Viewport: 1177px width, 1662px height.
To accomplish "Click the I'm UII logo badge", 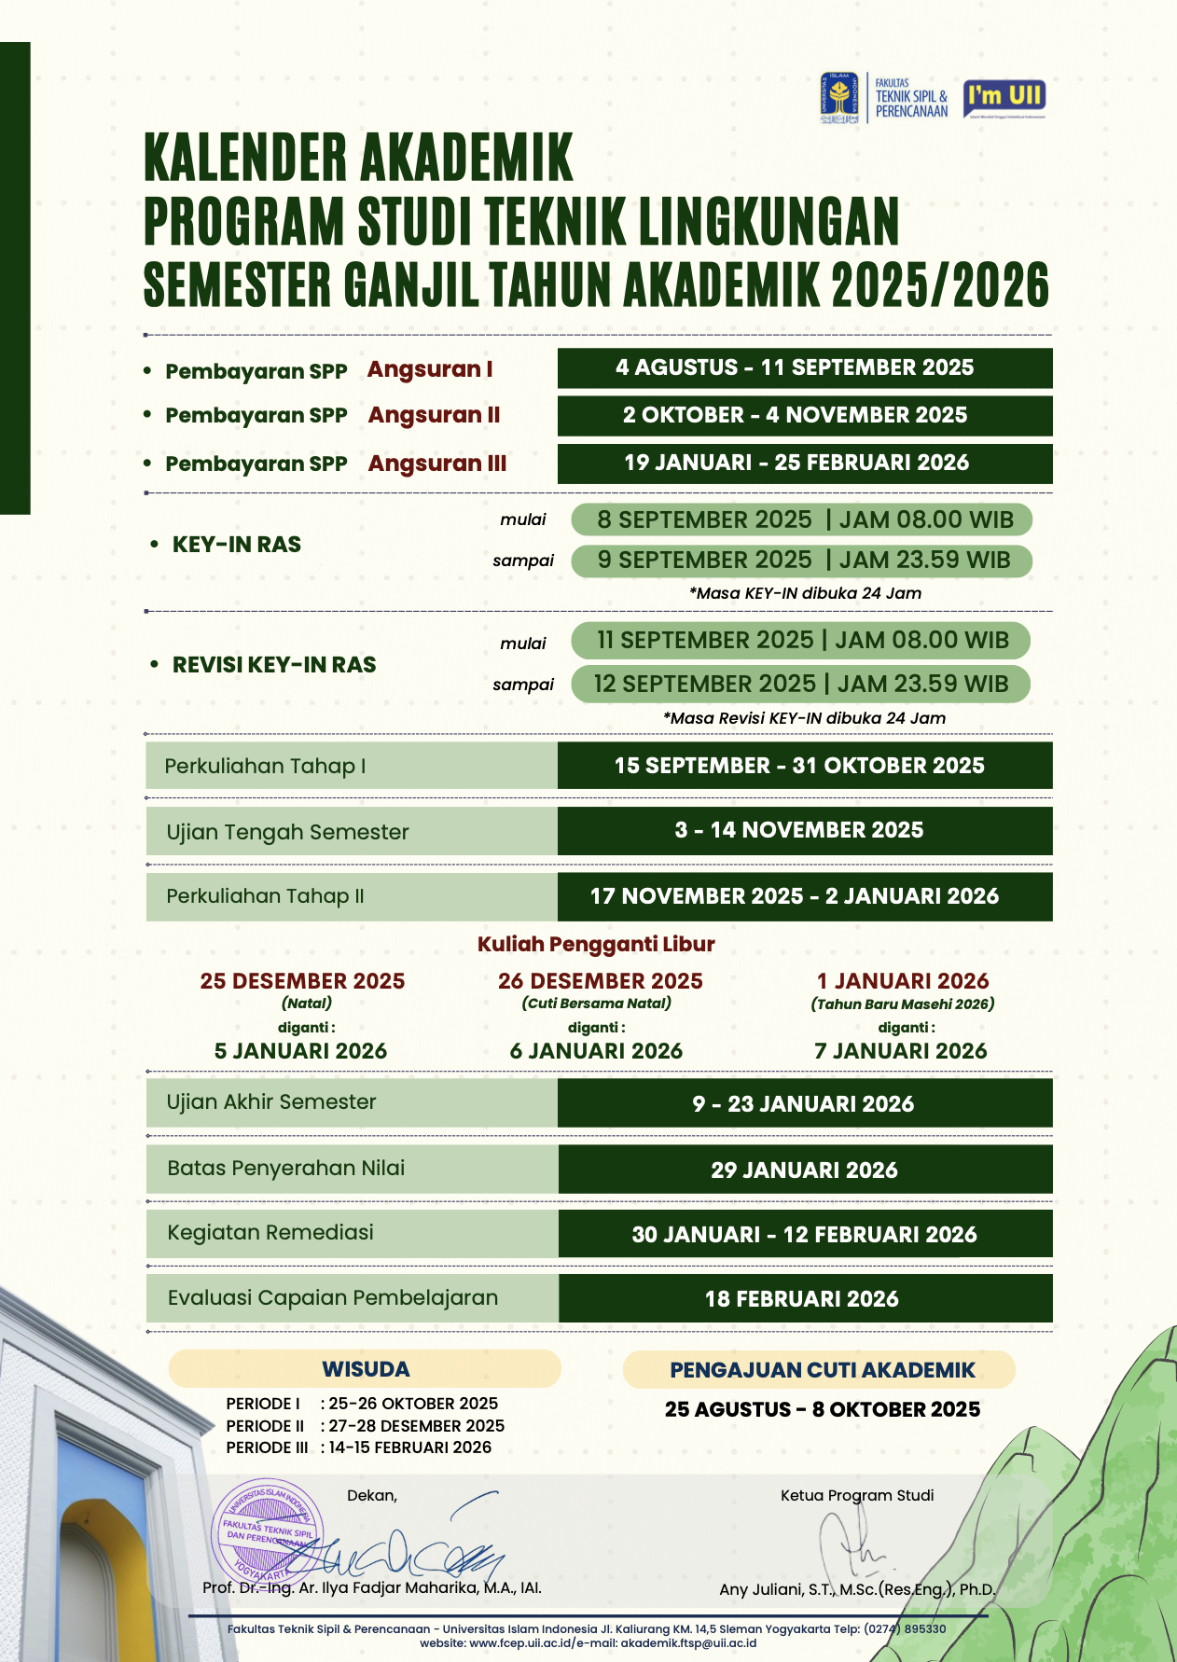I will click(1004, 96).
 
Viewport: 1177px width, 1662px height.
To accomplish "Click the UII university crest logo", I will click(839, 98).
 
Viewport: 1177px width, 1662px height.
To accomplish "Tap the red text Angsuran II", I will click(434, 415).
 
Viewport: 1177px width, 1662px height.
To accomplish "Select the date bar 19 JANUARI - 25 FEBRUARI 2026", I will click(804, 464).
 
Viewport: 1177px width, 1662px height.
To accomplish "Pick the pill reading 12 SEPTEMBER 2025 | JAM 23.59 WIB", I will click(800, 684).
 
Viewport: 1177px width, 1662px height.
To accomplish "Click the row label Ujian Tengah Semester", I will click(287, 832).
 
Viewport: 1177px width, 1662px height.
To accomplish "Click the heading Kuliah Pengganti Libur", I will click(596, 944).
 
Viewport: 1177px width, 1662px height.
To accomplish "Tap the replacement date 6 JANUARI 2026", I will click(596, 1051).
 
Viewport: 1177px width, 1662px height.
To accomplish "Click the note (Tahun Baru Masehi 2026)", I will click(902, 1004).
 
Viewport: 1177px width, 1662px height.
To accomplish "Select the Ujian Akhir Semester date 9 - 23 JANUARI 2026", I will click(804, 1104).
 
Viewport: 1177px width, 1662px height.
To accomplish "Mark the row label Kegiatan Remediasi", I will click(270, 1233).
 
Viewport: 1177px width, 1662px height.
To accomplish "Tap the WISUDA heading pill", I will click(365, 1369).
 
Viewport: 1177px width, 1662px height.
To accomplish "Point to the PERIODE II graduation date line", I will click(365, 1426).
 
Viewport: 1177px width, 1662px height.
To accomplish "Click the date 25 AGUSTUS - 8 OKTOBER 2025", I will click(822, 1409).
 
